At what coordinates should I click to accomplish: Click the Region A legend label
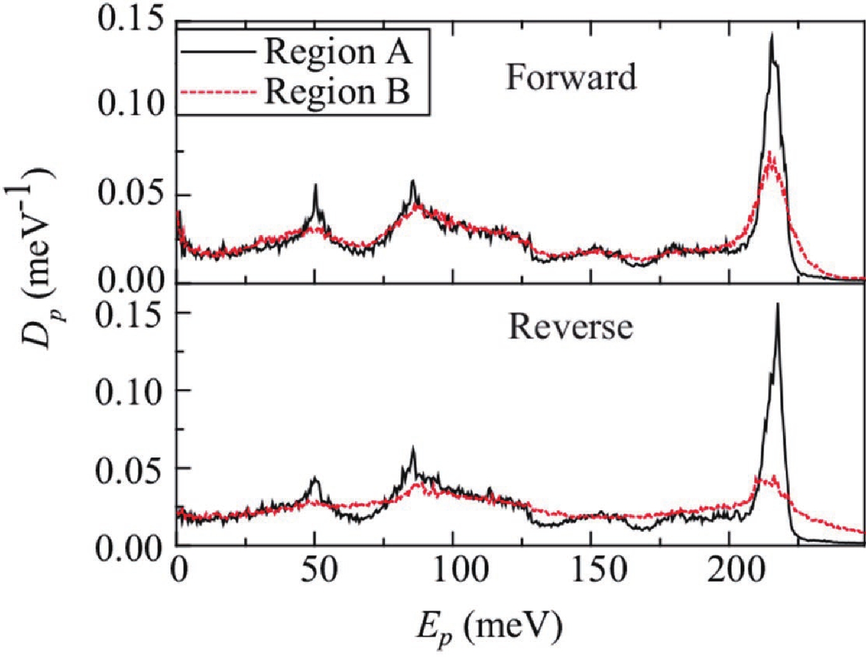point(338,52)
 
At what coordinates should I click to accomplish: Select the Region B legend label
point(337,92)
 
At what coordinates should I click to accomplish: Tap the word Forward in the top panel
point(571,77)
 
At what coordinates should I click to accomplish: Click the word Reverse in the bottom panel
point(570,327)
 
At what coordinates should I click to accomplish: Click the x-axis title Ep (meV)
point(488,626)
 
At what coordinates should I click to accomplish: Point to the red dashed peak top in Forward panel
point(770,153)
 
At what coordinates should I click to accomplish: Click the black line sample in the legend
point(218,52)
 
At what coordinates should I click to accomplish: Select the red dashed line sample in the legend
point(218,92)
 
